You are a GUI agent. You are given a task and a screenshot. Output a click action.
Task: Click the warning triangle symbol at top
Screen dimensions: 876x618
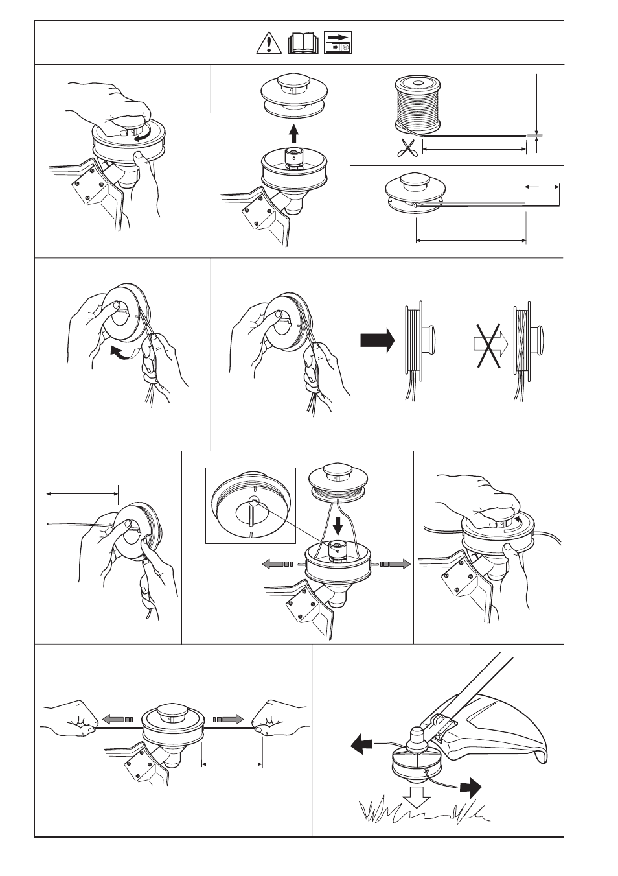pyautogui.click(x=268, y=43)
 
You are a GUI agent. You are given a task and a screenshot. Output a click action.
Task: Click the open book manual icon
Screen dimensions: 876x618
pyautogui.click(x=303, y=43)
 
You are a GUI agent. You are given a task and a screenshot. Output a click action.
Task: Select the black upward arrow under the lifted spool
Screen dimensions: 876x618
pyautogui.click(x=293, y=134)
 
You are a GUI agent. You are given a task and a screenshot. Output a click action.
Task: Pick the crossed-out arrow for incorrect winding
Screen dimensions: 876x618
pyautogui.click(x=488, y=346)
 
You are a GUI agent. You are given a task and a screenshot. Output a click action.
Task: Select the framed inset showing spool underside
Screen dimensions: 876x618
pyautogui.click(x=251, y=505)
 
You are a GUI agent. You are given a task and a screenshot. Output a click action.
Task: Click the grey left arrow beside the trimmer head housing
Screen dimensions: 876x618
pyautogui.click(x=278, y=564)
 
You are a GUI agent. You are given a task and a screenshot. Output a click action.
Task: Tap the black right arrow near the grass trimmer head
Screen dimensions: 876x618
pyautogui.click(x=471, y=788)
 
